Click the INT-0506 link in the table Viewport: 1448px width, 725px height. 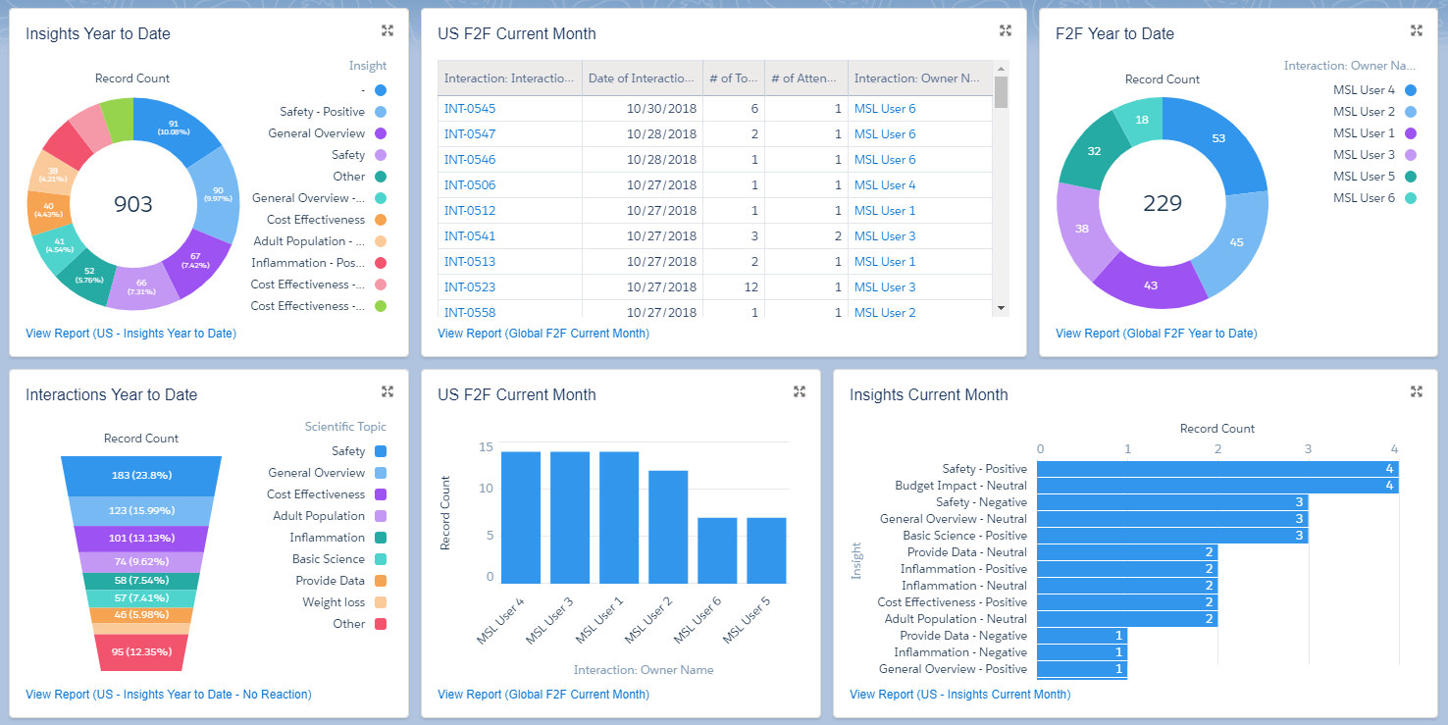pos(470,185)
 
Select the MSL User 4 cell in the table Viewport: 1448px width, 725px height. pos(884,185)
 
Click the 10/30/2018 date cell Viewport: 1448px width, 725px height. pos(661,109)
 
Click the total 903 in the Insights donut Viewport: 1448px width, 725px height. pos(133,204)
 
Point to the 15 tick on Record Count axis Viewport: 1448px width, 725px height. pos(486,446)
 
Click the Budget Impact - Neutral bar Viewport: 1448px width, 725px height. pos(1216,486)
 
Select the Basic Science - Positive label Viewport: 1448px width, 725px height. pos(964,536)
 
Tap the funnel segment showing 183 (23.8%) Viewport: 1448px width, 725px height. pos(141,476)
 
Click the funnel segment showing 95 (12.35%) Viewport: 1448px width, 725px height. pos(141,652)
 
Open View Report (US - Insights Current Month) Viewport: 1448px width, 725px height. pos(959,695)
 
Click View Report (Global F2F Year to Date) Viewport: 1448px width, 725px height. pos(1156,334)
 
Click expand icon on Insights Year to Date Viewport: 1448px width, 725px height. pos(388,30)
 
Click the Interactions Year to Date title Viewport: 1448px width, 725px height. pos(111,394)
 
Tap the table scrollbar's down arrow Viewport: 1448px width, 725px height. pos(1001,308)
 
